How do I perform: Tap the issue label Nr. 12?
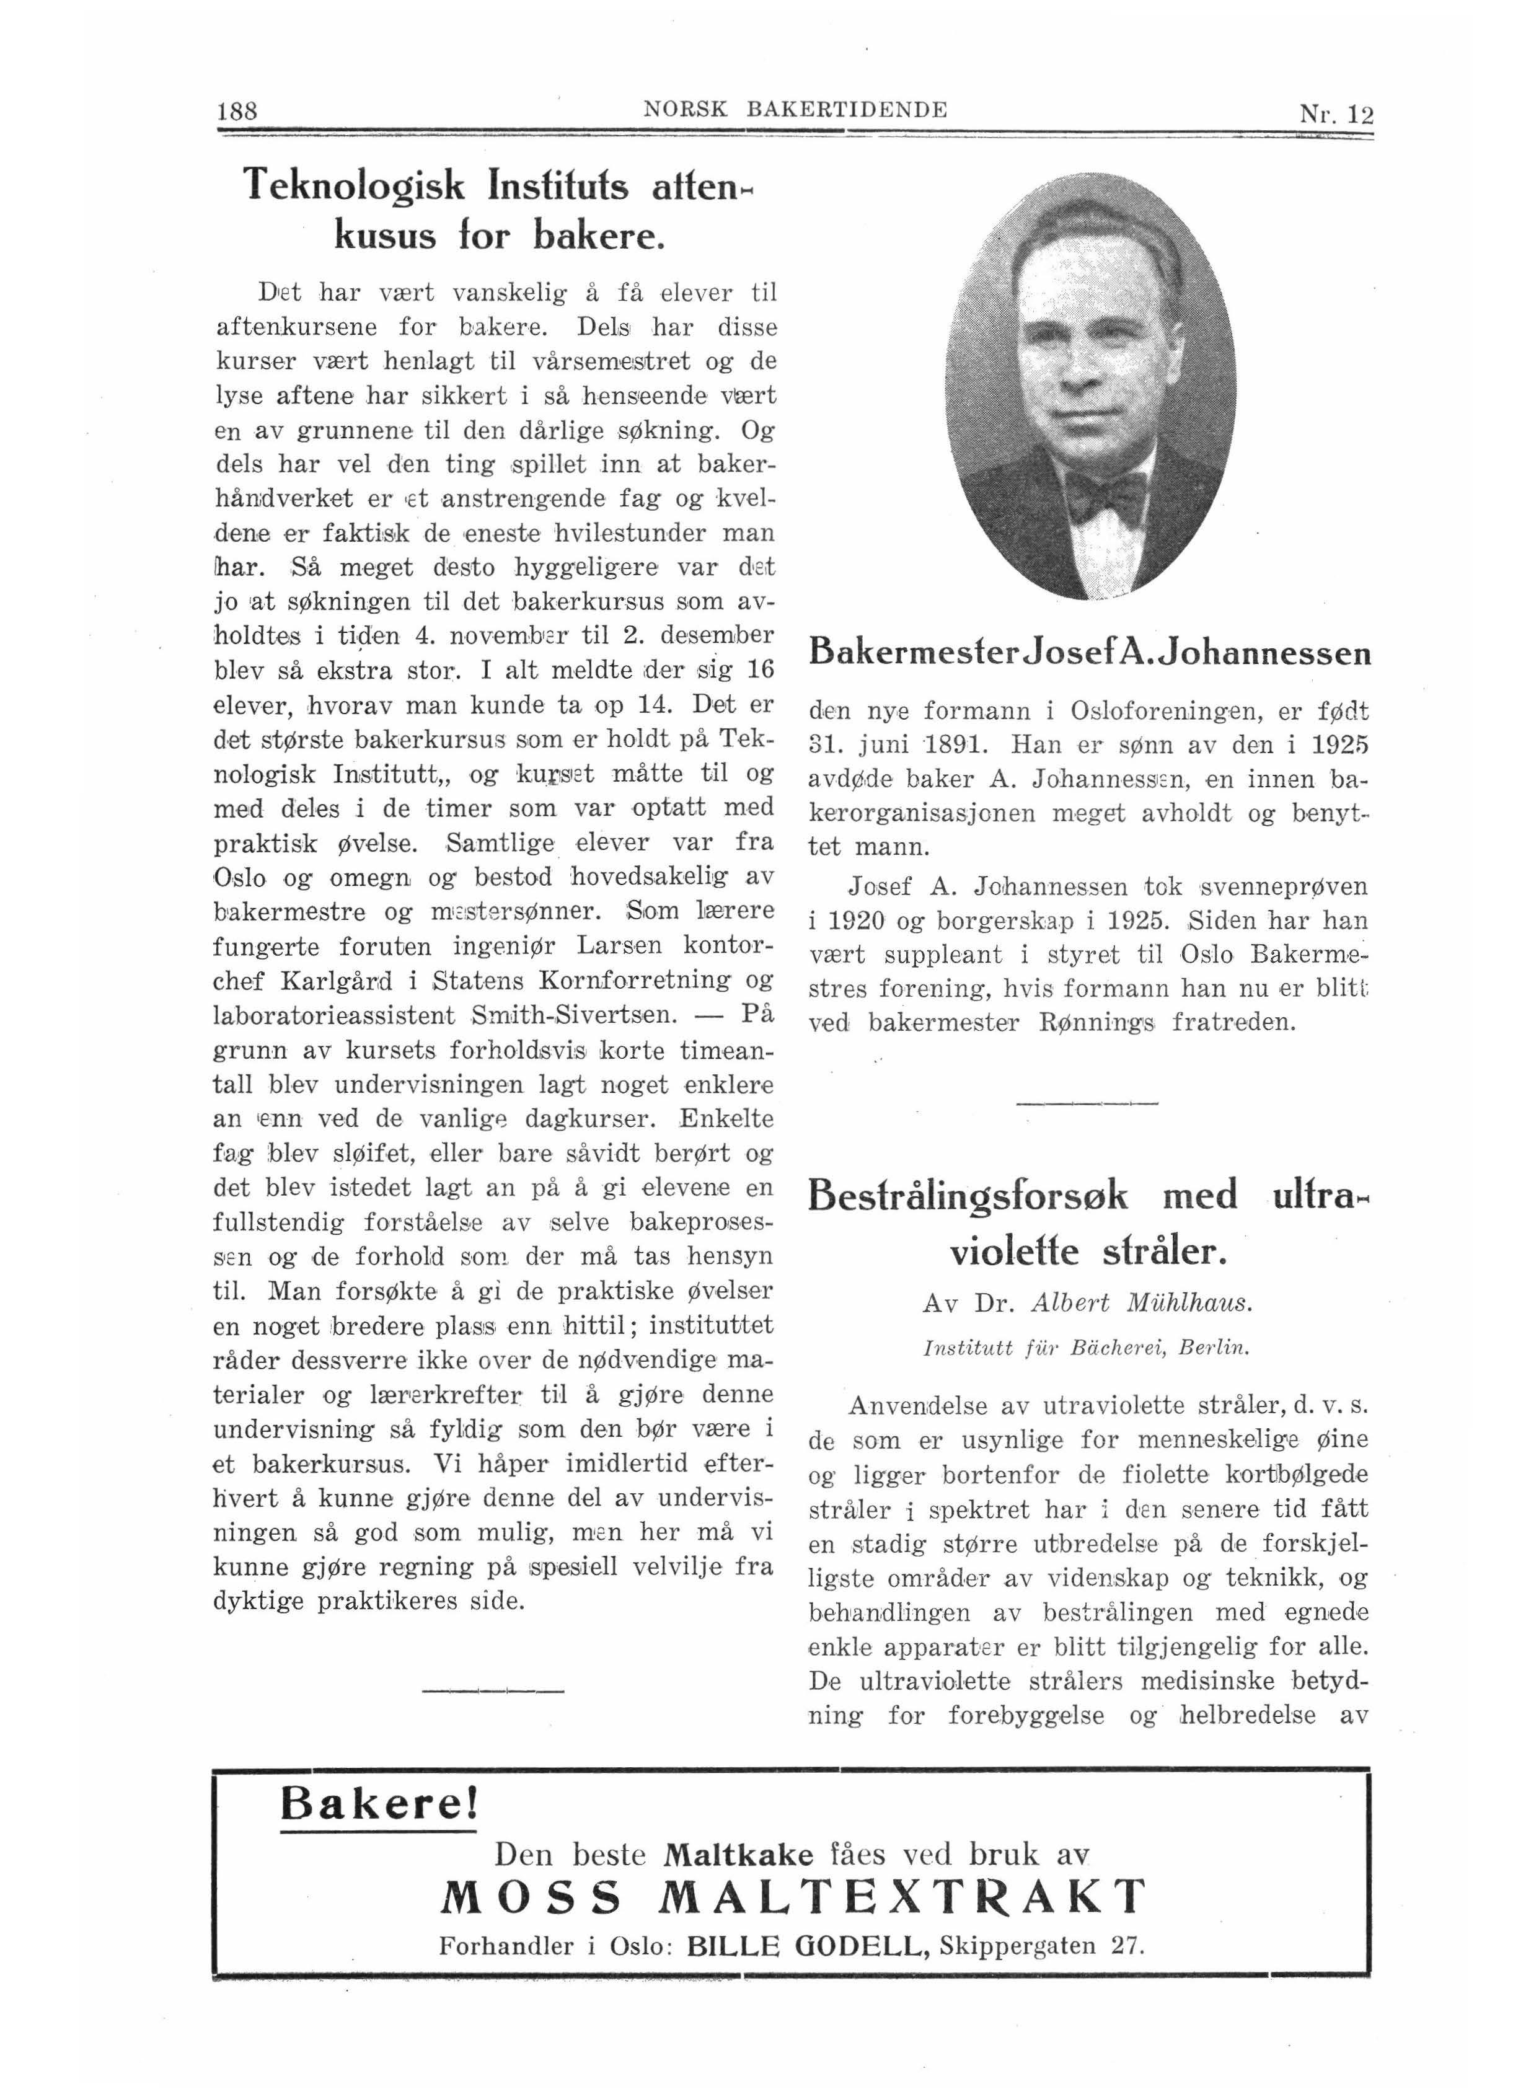[1336, 115]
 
